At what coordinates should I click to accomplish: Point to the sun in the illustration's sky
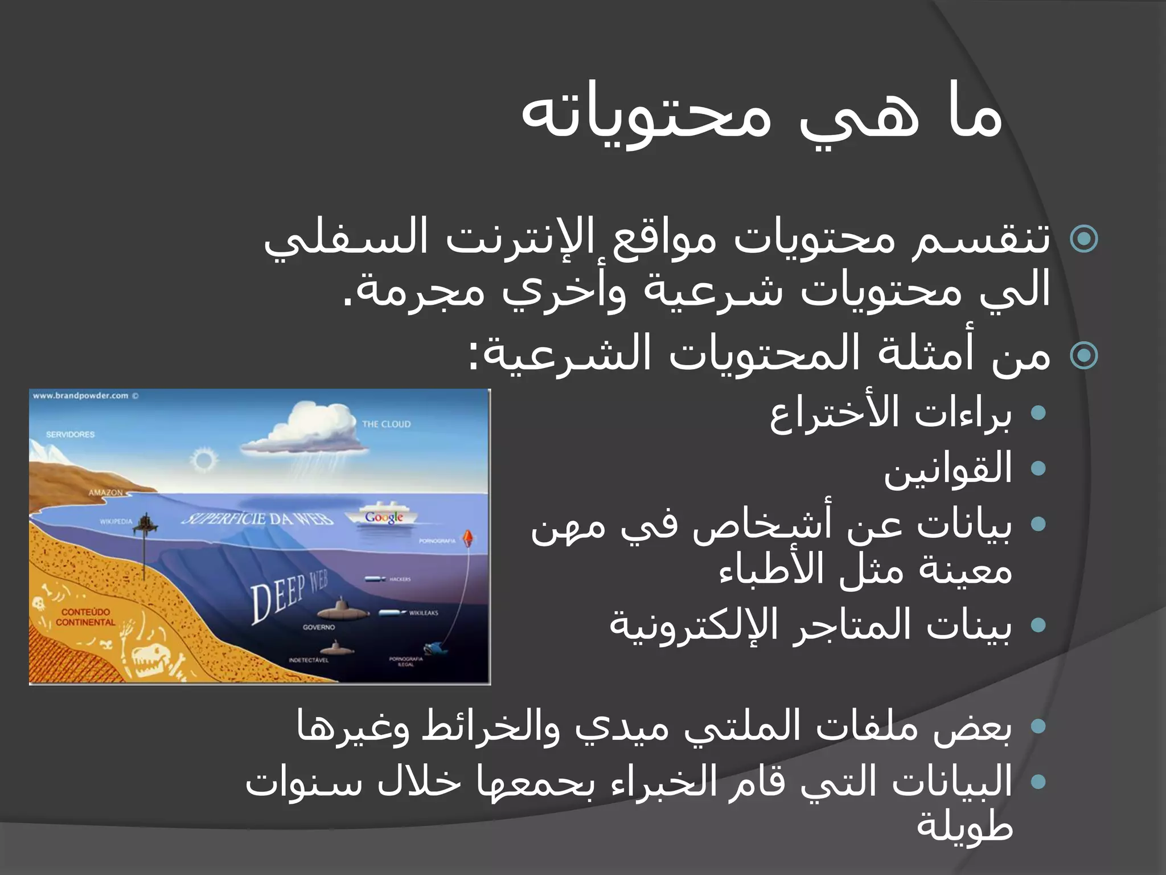[x=203, y=459]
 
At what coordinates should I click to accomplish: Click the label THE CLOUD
[x=386, y=424]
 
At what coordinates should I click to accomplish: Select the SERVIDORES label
[x=70, y=434]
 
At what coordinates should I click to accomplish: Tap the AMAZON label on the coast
[x=105, y=492]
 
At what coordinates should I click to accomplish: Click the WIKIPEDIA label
[x=116, y=521]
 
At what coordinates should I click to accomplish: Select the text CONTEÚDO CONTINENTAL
[x=85, y=617]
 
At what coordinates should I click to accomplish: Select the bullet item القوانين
[x=947, y=468]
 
